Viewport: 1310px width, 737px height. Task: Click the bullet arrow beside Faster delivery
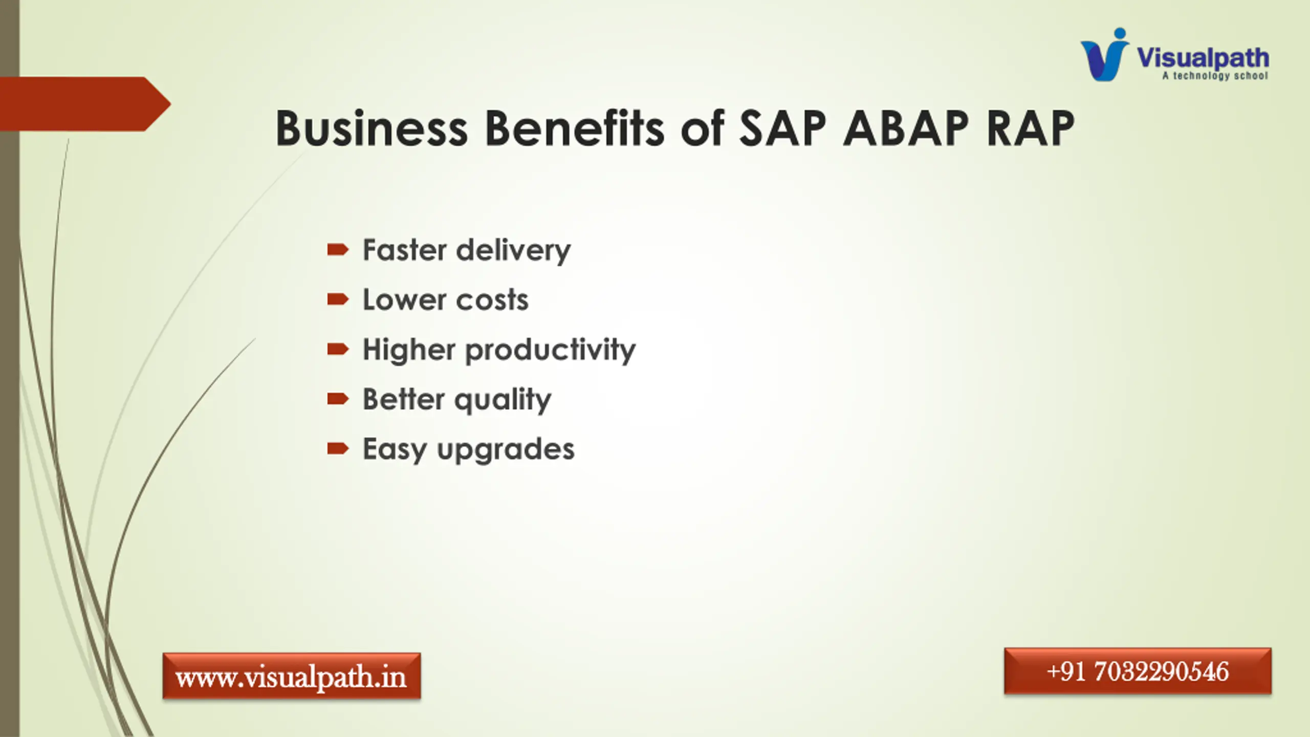[338, 250]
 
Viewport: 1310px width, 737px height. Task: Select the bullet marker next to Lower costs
[338, 299]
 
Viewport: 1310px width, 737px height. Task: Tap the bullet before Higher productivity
[338, 349]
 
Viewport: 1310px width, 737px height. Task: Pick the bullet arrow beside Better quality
[338, 399]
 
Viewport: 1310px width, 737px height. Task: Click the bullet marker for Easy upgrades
[338, 449]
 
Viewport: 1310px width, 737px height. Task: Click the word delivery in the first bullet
[513, 251]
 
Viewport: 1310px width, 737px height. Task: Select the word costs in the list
[492, 300]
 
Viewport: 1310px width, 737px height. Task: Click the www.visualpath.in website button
[292, 676]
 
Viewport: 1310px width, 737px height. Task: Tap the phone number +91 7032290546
[1138, 671]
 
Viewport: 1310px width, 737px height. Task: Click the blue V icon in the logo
[1104, 55]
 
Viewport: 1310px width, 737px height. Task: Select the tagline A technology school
[1215, 76]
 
